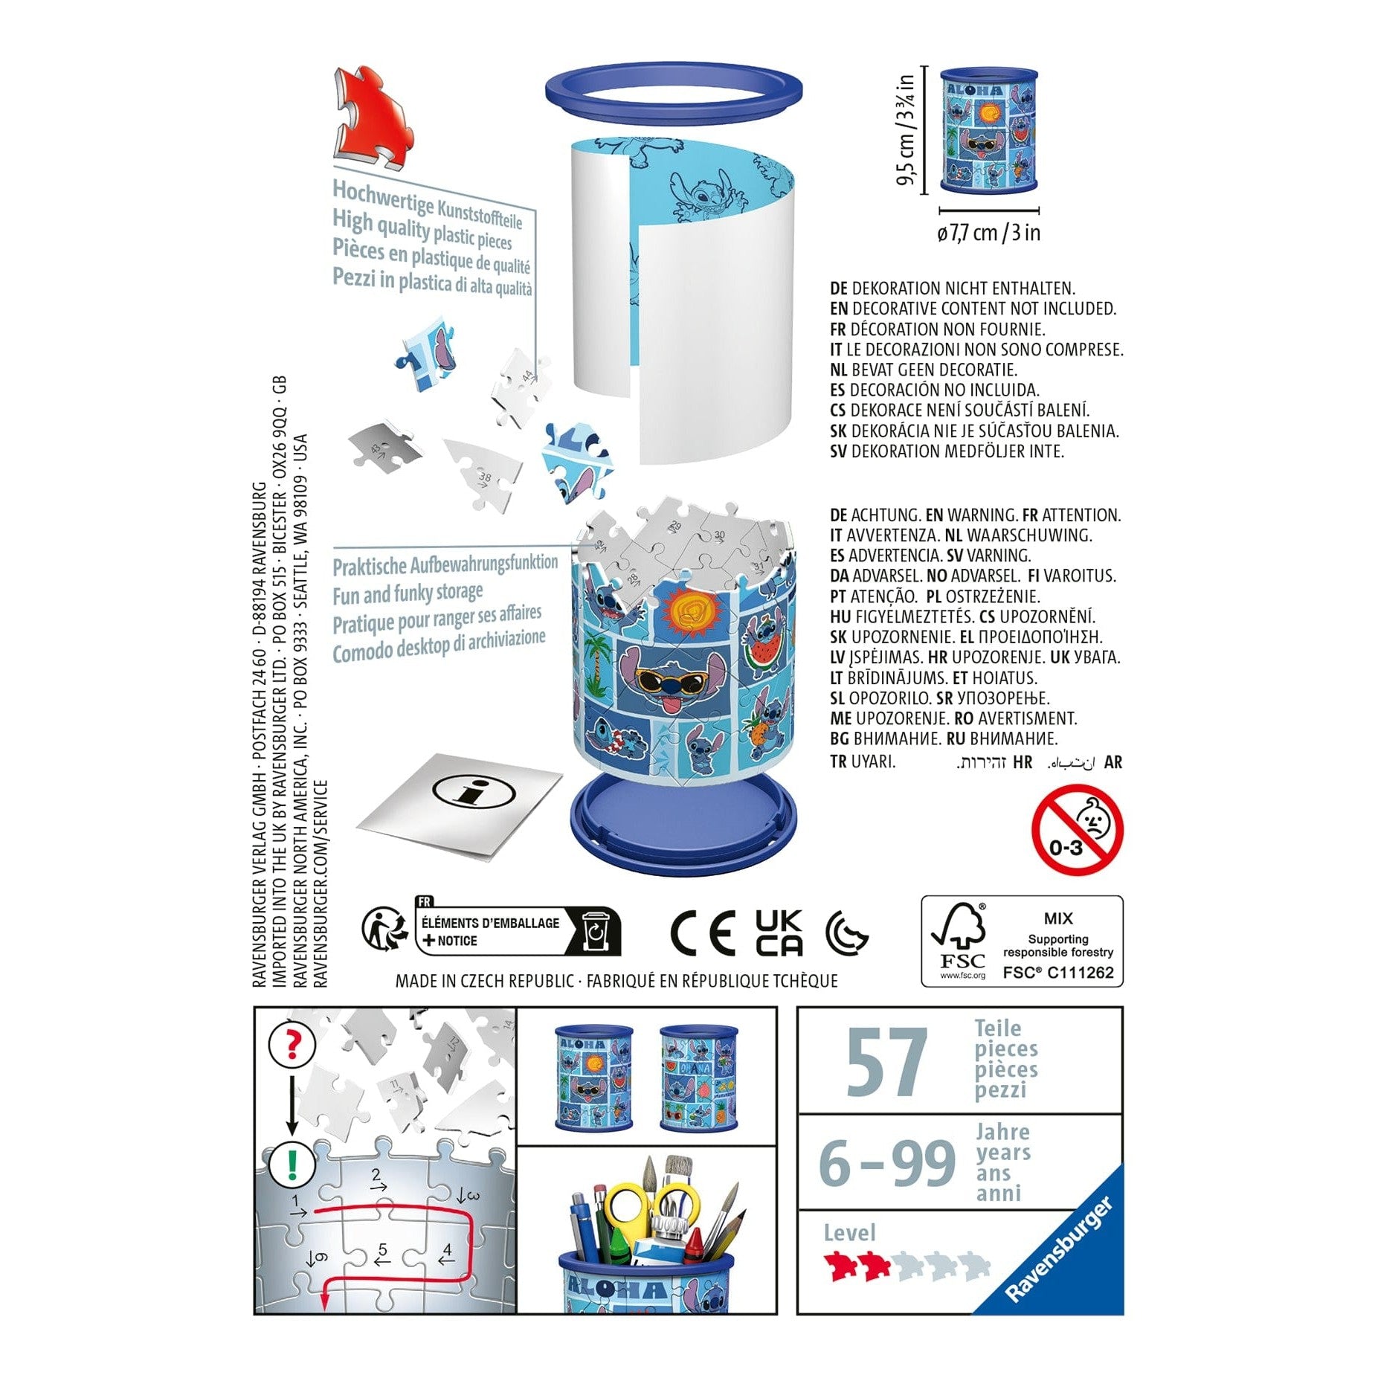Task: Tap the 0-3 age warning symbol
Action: [1077, 829]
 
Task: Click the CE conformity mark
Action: [702, 933]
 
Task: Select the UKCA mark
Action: [779, 933]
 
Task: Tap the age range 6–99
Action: [886, 1163]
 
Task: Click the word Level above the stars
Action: [849, 1233]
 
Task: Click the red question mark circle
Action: [292, 1044]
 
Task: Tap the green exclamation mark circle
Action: [291, 1164]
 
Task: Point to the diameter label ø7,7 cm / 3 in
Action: [988, 233]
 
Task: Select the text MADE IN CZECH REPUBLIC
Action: [484, 981]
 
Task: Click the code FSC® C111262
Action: [1057, 972]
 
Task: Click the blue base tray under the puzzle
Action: [682, 825]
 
